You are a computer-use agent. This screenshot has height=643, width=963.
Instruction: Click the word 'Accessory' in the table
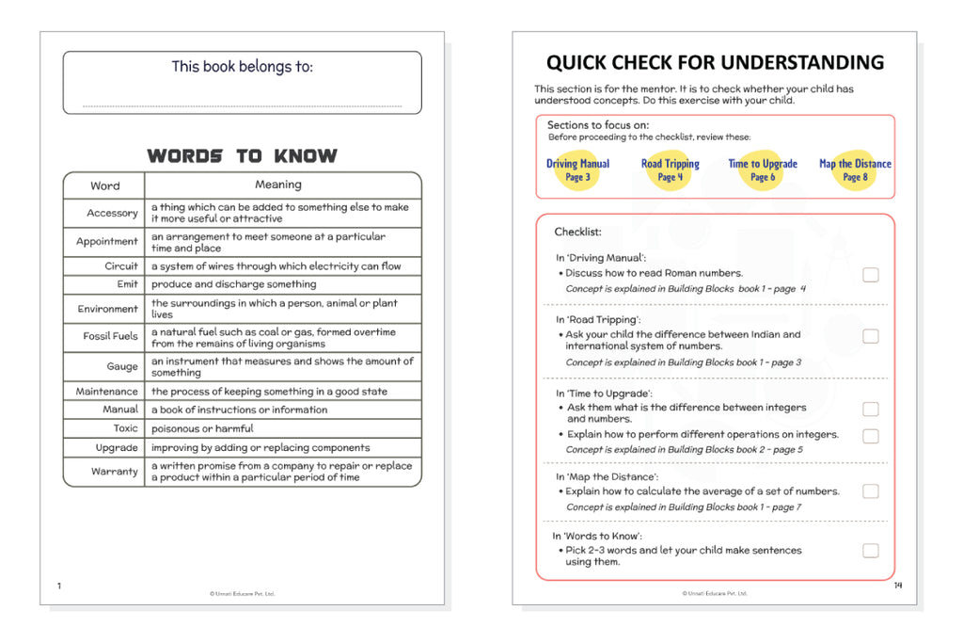click(x=112, y=213)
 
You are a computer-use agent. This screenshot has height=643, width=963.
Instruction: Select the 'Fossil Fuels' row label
click(x=110, y=336)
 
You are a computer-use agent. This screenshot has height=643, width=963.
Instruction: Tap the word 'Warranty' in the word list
click(x=115, y=472)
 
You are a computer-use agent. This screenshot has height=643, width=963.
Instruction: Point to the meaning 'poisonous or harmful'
click(x=202, y=428)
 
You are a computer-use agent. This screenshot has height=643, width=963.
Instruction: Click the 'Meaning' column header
click(x=278, y=185)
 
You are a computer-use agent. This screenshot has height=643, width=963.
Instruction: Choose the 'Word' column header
click(x=105, y=185)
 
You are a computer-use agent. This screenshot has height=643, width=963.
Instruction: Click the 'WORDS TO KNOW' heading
click(x=242, y=156)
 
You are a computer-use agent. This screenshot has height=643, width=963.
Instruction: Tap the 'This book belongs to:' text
click(x=242, y=67)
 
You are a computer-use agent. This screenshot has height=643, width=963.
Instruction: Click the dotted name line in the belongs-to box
click(x=242, y=105)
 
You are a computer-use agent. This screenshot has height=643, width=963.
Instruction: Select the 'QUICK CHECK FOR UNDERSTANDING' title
click(x=715, y=63)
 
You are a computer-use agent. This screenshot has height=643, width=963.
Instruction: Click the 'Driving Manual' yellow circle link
click(x=577, y=169)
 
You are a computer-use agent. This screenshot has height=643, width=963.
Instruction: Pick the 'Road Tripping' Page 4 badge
click(x=671, y=169)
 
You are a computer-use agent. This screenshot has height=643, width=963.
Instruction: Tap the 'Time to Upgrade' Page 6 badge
click(x=763, y=169)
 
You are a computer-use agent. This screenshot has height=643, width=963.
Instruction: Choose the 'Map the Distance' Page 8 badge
click(x=855, y=169)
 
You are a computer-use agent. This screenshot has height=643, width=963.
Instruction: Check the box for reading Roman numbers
click(x=871, y=275)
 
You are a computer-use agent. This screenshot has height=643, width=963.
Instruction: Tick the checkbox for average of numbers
click(x=871, y=491)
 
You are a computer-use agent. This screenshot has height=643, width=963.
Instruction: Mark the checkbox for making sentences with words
click(x=871, y=551)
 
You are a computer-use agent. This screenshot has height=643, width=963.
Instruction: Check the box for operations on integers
click(x=871, y=436)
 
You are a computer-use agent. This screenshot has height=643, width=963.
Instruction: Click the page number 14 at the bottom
click(x=897, y=586)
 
